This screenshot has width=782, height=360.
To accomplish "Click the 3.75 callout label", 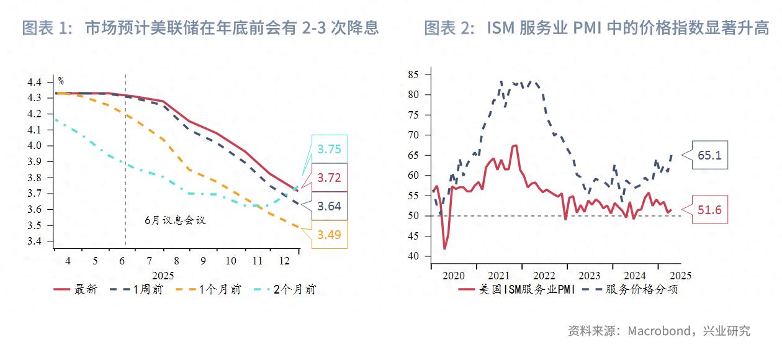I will [330, 150].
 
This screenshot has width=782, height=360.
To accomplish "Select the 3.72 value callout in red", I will [330, 178].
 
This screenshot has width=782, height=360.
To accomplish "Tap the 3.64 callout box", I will [330, 206].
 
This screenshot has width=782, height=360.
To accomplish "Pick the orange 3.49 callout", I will [330, 235].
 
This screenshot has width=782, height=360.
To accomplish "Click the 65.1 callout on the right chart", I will [709, 155].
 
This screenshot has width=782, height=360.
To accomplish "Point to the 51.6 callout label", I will [709, 210].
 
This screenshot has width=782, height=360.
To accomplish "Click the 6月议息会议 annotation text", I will [174, 220].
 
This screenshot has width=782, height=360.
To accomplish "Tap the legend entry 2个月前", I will [294, 289].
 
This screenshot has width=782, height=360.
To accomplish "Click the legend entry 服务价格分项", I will [641, 289].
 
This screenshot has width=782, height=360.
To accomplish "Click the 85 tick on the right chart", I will [413, 74].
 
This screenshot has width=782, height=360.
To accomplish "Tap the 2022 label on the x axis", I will [544, 275].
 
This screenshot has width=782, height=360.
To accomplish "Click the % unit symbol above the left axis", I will [61, 81].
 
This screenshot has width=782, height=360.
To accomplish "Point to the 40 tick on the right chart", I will [413, 256].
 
